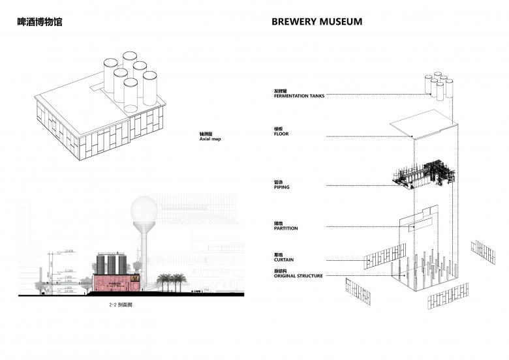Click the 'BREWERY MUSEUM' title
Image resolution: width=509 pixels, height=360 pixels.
click(x=316, y=22)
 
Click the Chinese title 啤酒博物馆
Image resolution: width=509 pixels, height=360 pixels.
click(x=39, y=22)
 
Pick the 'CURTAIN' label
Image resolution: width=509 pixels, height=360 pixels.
click(x=284, y=258)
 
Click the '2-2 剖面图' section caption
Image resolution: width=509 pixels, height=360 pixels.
click(x=123, y=305)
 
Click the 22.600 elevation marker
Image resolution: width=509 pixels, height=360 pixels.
click(x=70, y=250)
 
